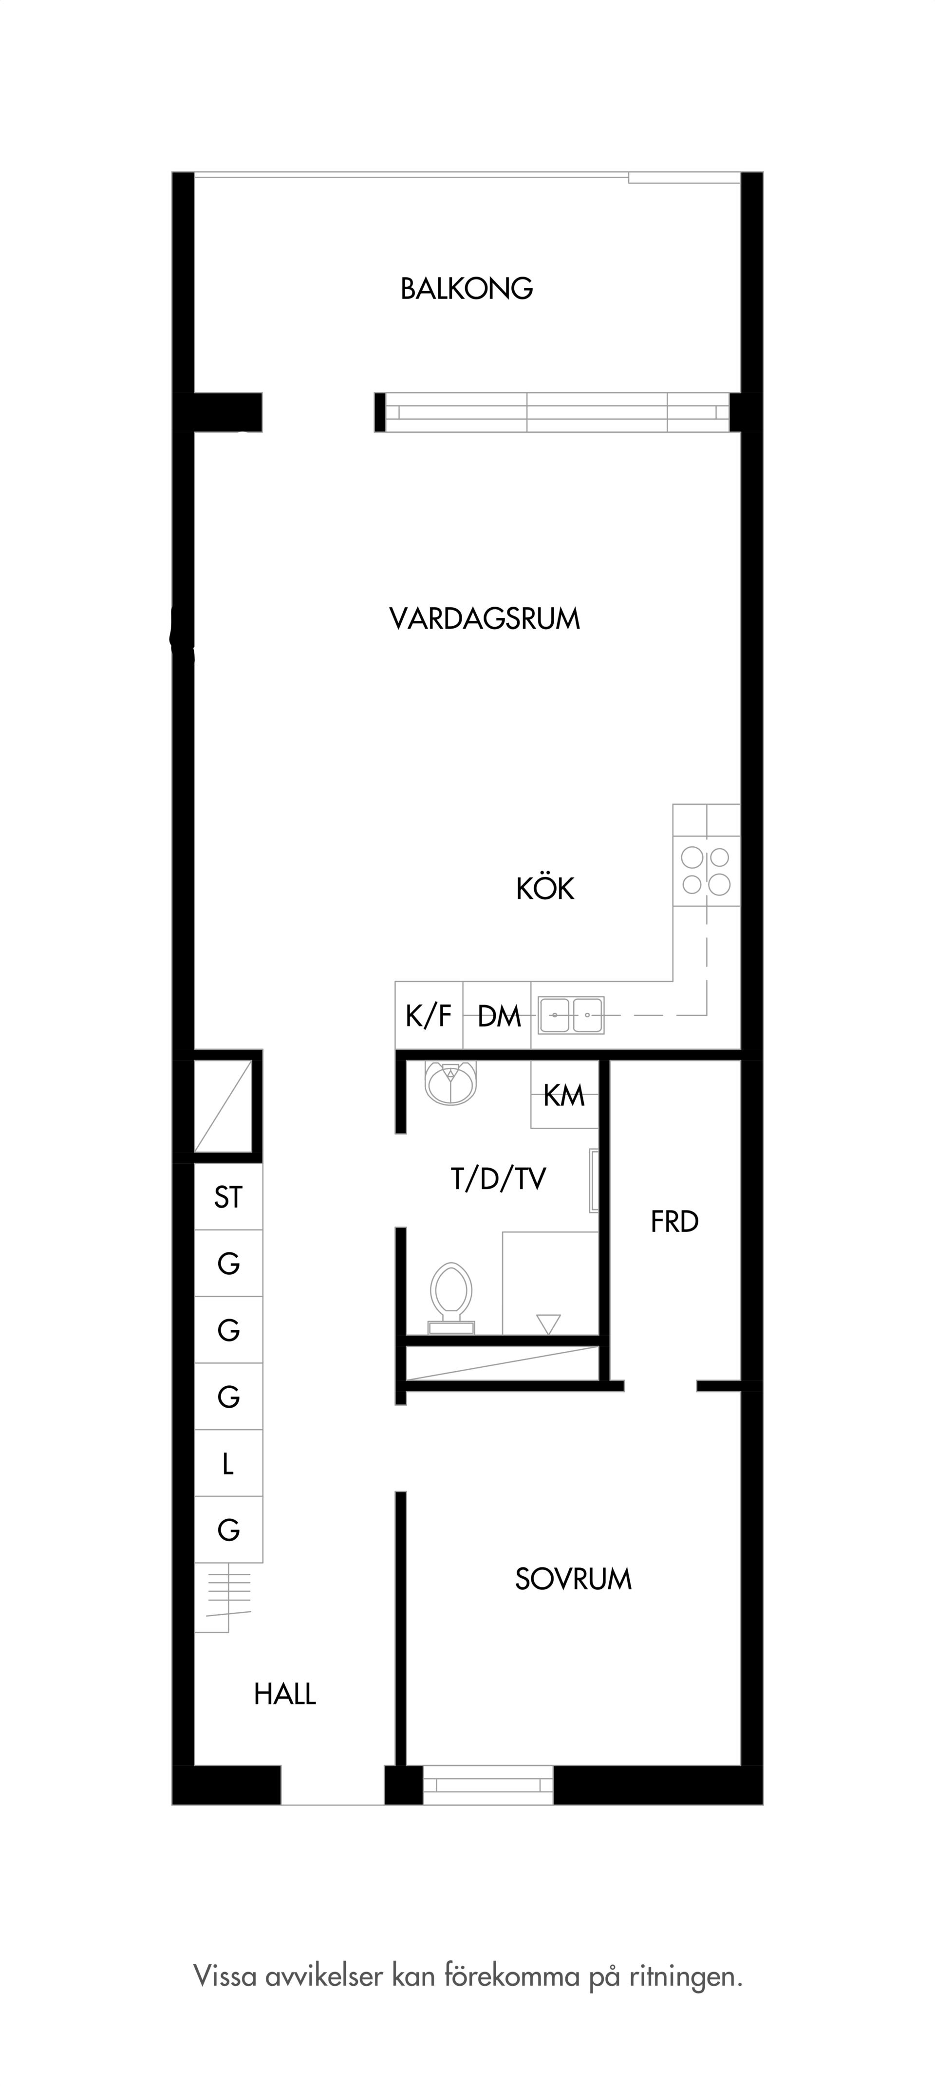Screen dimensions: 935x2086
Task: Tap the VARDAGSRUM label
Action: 484,619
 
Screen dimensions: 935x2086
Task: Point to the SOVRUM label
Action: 573,1579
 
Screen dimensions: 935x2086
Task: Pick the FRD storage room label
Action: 674,1222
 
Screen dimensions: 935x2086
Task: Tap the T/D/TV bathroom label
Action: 498,1179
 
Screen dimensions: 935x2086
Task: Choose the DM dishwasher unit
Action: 497,1015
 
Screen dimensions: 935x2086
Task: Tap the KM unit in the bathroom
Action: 564,1095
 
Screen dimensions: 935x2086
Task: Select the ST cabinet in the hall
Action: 228,1197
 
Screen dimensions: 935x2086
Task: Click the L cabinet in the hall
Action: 228,1463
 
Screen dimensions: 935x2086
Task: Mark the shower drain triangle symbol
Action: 548,1324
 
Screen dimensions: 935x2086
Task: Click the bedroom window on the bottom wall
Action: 487,1785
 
